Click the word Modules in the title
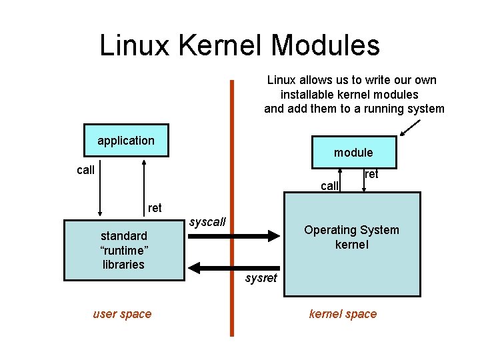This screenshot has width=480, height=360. pyautogui.click(x=326, y=45)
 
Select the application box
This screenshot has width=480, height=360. pyautogui.click(x=126, y=140)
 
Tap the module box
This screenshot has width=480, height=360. pyautogui.click(x=353, y=153)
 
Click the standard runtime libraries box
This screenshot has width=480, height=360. pyautogui.click(x=123, y=250)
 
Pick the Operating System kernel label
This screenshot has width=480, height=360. pyautogui.click(x=351, y=237)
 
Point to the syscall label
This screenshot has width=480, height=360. pyautogui.click(x=207, y=221)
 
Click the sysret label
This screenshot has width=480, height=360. pyautogui.click(x=260, y=278)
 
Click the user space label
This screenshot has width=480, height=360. pyautogui.click(x=122, y=314)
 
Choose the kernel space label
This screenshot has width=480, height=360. pyautogui.click(x=343, y=314)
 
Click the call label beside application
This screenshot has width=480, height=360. pyautogui.click(x=85, y=170)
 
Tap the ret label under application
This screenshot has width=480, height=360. pyautogui.click(x=155, y=208)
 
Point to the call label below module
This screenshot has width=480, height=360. pyautogui.click(x=329, y=186)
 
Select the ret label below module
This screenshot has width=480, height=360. pyautogui.click(x=371, y=174)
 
